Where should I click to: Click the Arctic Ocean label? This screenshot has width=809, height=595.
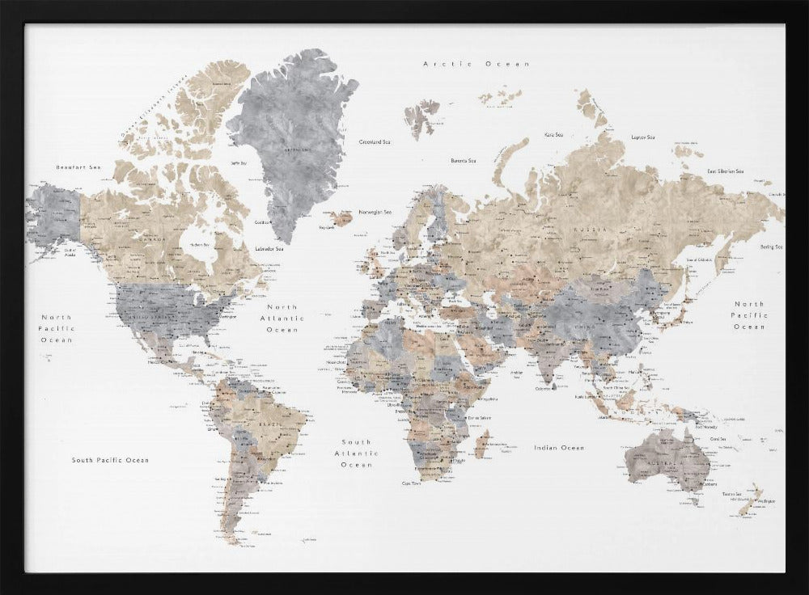pos(477,64)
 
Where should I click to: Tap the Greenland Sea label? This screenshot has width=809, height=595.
pos(375,141)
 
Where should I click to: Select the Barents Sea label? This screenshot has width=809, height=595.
pos(464,161)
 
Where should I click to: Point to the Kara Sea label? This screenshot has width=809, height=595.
pos(553,135)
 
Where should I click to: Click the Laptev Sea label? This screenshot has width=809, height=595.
pos(643,137)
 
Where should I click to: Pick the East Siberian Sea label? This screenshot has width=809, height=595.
pos(725,171)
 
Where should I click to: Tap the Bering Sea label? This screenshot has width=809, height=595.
pos(771,247)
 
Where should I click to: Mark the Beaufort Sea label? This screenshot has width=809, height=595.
pos(78,167)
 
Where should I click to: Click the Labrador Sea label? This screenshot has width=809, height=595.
pos(269,249)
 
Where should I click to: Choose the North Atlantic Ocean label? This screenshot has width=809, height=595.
pos(282,319)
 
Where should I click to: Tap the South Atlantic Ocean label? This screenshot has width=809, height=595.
pos(356,454)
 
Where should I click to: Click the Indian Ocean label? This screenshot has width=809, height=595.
pos(558,448)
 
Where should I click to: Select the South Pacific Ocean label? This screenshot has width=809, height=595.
pos(110,460)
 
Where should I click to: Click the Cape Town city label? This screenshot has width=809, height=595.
pos(411,483)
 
